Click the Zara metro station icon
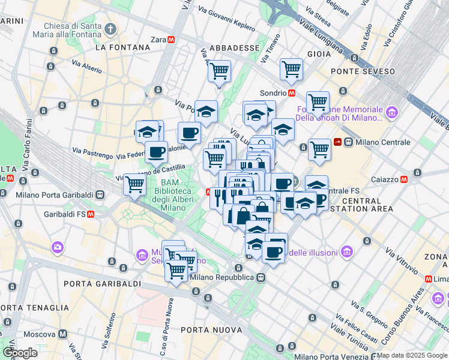171,40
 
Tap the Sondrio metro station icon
292,93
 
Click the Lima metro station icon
429,279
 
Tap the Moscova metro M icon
63,334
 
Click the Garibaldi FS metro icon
91,214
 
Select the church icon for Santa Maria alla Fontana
110,28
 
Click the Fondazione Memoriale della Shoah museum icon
392,112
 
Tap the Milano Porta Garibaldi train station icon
99,194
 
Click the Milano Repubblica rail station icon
261,277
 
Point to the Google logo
19,352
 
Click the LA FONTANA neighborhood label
122,47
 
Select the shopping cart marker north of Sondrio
291,68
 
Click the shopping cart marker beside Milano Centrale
319,149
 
